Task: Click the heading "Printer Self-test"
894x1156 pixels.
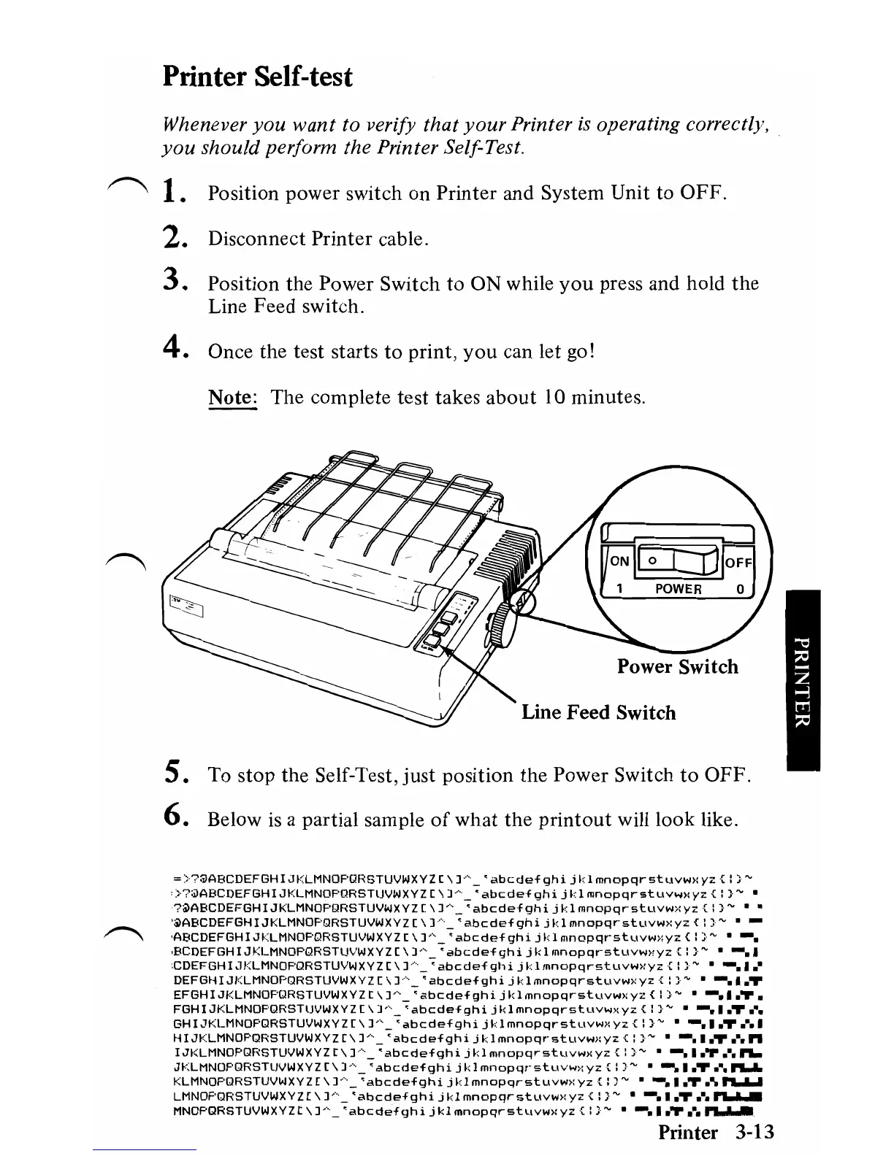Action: tap(257, 76)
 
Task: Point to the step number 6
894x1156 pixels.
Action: tap(172, 819)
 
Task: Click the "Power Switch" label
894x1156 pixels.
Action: tap(677, 666)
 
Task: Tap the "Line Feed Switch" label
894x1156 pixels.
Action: tap(598, 712)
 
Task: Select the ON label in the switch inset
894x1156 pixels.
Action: tap(619, 561)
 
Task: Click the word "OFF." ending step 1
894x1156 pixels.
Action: tap(703, 193)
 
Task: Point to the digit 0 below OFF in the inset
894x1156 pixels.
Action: tap(739, 588)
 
